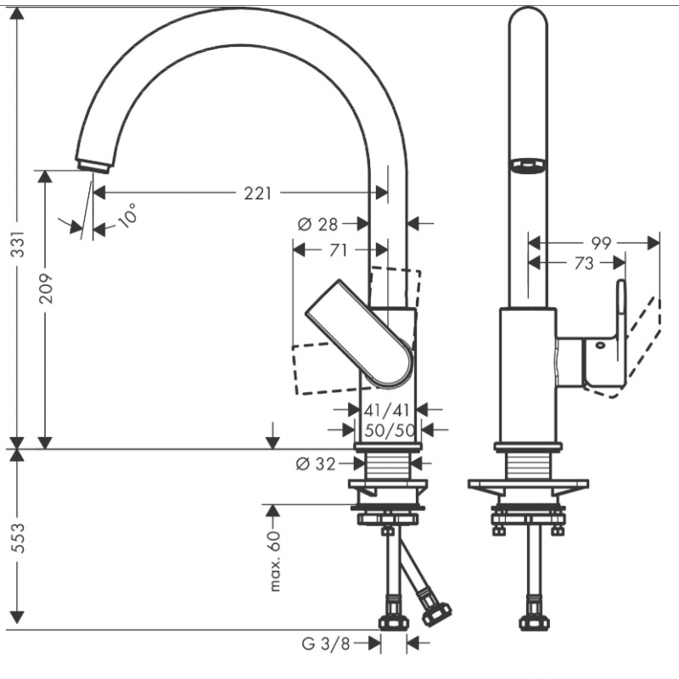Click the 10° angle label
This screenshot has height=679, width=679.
tap(126, 216)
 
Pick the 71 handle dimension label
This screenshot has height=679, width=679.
tap(338, 250)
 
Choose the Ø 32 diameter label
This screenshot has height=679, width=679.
tap(318, 463)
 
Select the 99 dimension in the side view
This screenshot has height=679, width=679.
tap(601, 243)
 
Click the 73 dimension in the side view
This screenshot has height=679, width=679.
tap(583, 264)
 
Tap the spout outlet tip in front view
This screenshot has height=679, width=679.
tap(93, 164)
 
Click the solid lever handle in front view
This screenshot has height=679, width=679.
tap(361, 331)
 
